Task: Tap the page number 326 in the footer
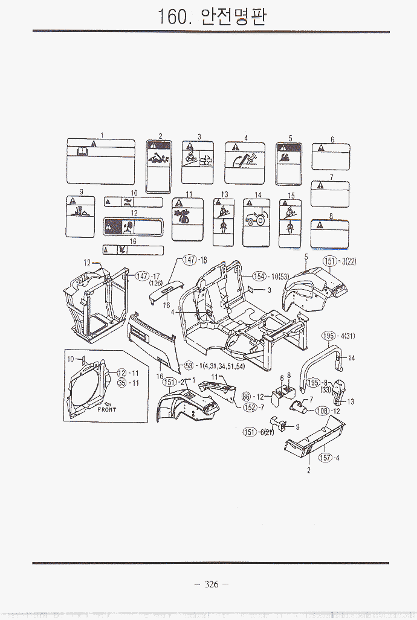(211, 584)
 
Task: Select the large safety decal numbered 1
(100, 162)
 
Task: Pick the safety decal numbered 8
(329, 234)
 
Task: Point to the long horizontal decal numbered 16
(133, 250)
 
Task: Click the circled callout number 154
(259, 276)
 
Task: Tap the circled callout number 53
(189, 365)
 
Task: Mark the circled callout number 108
(322, 411)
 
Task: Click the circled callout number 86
(246, 396)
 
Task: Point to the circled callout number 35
(121, 383)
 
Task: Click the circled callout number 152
(250, 407)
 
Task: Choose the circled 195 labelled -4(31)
(328, 336)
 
